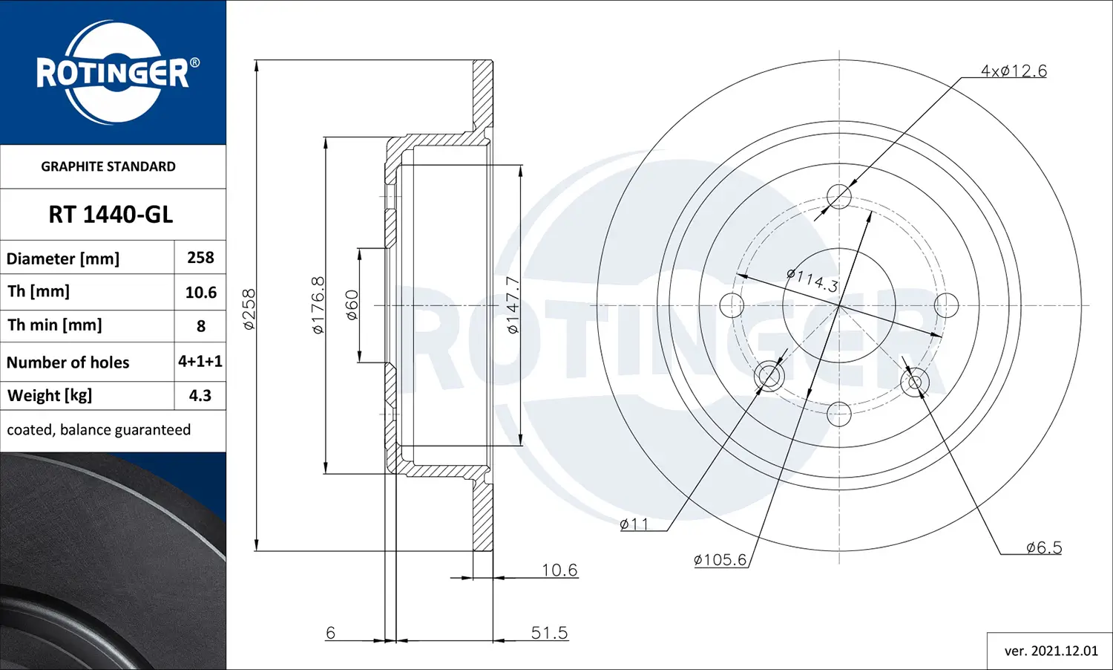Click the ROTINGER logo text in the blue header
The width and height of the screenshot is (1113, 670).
point(113,74)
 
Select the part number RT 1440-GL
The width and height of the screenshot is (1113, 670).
point(111,215)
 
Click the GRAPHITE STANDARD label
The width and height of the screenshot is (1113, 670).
point(108,166)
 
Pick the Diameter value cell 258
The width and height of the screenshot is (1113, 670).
point(200,258)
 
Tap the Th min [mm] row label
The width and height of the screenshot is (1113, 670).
point(55,325)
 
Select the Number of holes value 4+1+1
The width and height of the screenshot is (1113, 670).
point(200,362)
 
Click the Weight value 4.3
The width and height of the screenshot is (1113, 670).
point(200,396)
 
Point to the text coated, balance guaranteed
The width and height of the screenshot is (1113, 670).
point(99,430)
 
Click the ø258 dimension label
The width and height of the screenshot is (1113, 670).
point(249,309)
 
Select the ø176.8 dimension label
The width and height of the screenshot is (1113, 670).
point(318,305)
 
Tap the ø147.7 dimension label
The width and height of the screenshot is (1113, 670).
point(513,305)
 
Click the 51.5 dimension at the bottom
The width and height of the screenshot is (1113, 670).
point(549,633)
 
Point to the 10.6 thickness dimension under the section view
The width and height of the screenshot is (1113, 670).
point(559,570)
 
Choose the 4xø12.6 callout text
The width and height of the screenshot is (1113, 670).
point(1014,71)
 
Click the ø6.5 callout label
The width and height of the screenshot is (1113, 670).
point(1043,547)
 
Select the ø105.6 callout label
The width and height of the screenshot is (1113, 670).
point(720,560)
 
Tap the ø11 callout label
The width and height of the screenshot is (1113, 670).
point(634,524)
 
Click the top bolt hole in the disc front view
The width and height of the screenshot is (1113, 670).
point(838,197)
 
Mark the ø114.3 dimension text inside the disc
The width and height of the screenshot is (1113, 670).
point(812,280)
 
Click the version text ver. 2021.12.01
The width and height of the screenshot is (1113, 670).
point(1051,651)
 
